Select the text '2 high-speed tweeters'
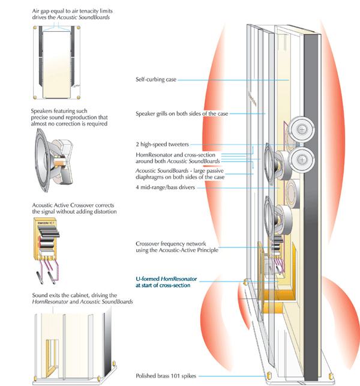pos(161,145)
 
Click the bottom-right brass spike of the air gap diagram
pos(87,96)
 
